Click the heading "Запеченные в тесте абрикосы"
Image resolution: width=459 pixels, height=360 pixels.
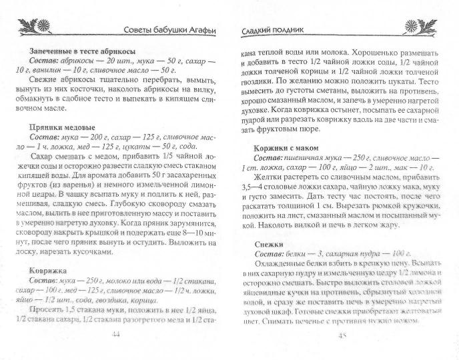click(x=83, y=51)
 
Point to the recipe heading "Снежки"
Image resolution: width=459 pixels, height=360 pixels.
click(x=270, y=244)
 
